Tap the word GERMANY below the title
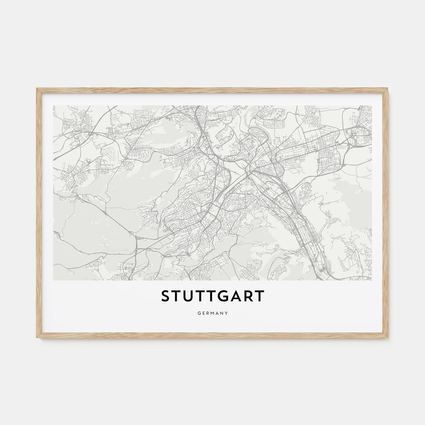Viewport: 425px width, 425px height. pyautogui.click(x=212, y=312)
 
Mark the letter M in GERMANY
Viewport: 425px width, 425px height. pyautogui.click(x=212, y=312)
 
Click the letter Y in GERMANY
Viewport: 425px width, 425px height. pyautogui.click(x=227, y=312)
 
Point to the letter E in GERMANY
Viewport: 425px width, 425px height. pyautogui.click(x=202, y=312)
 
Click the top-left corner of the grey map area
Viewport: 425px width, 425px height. pyautogui.click(x=53, y=106)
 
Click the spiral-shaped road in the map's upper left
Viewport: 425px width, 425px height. pyautogui.click(x=114, y=117)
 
